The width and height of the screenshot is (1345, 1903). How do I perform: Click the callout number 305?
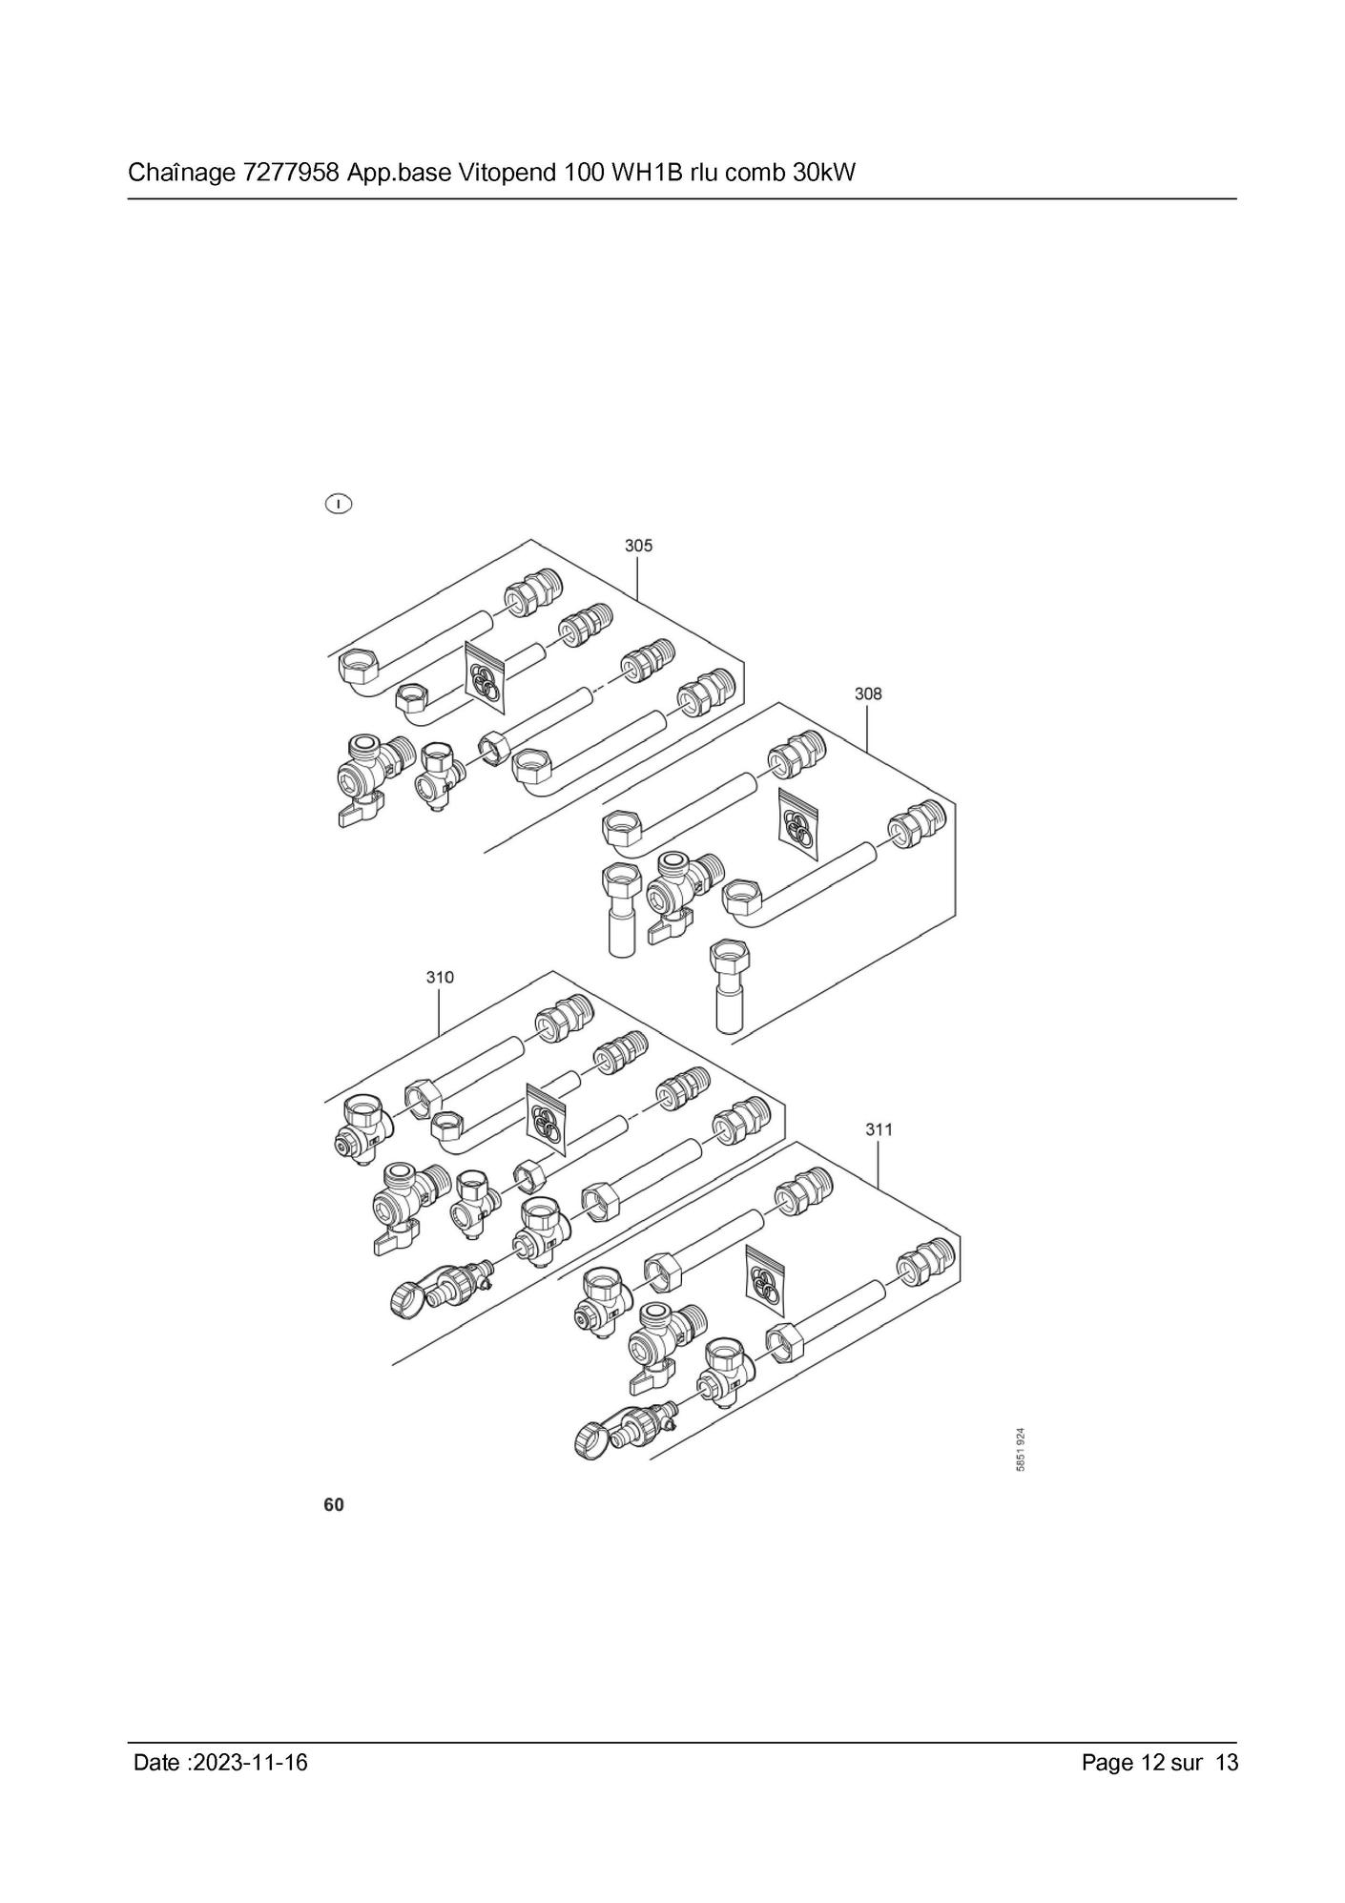[638, 546]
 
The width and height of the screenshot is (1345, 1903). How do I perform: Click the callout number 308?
[868, 693]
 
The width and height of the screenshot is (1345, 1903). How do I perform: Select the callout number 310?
[440, 977]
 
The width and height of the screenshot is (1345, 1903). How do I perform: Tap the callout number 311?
[879, 1129]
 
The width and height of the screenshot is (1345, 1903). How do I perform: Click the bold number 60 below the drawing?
[334, 1505]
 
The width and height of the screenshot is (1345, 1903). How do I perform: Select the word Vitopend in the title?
[504, 174]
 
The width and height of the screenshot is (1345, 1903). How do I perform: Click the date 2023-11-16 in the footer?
[250, 1762]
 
